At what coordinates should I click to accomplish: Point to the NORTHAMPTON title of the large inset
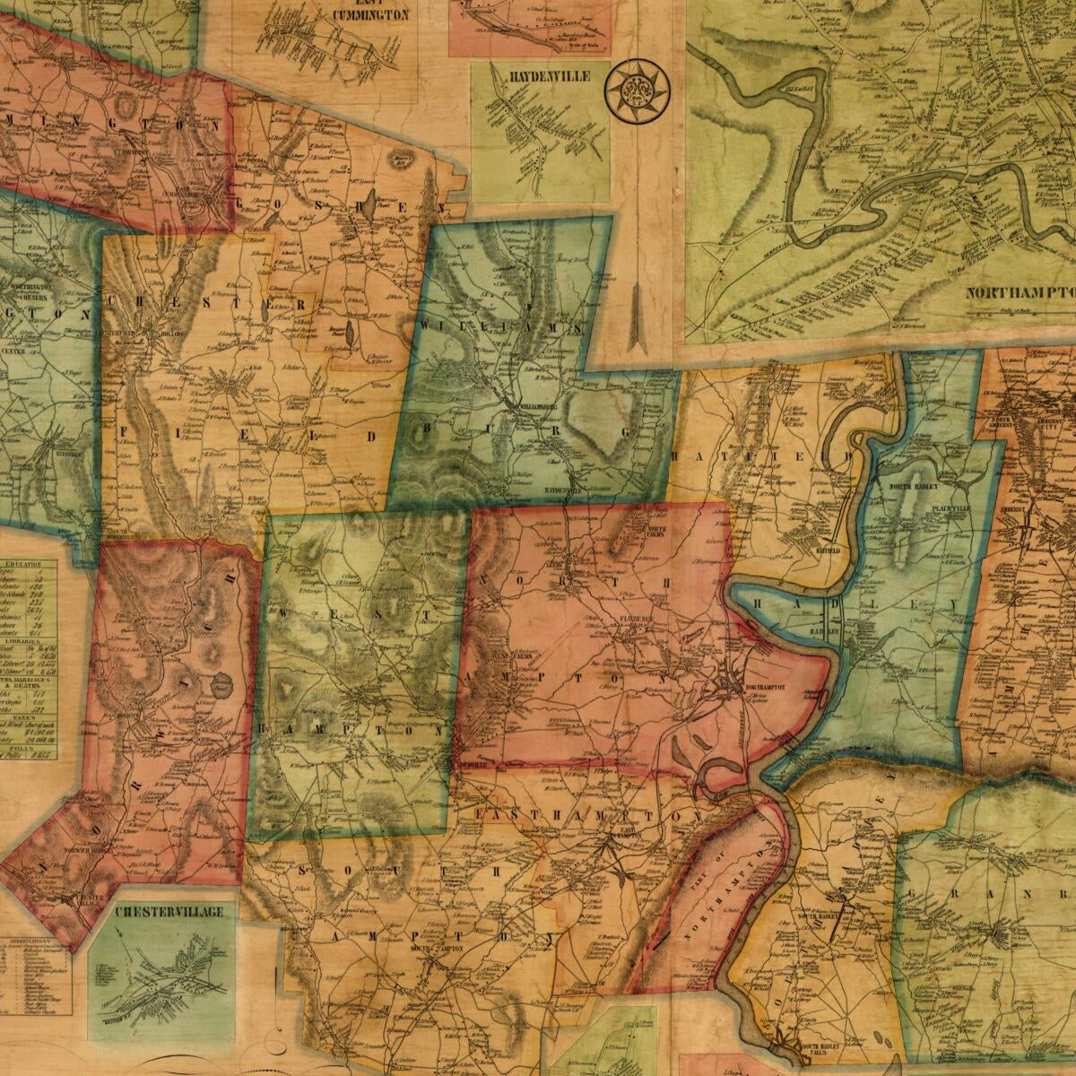[1020, 292]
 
